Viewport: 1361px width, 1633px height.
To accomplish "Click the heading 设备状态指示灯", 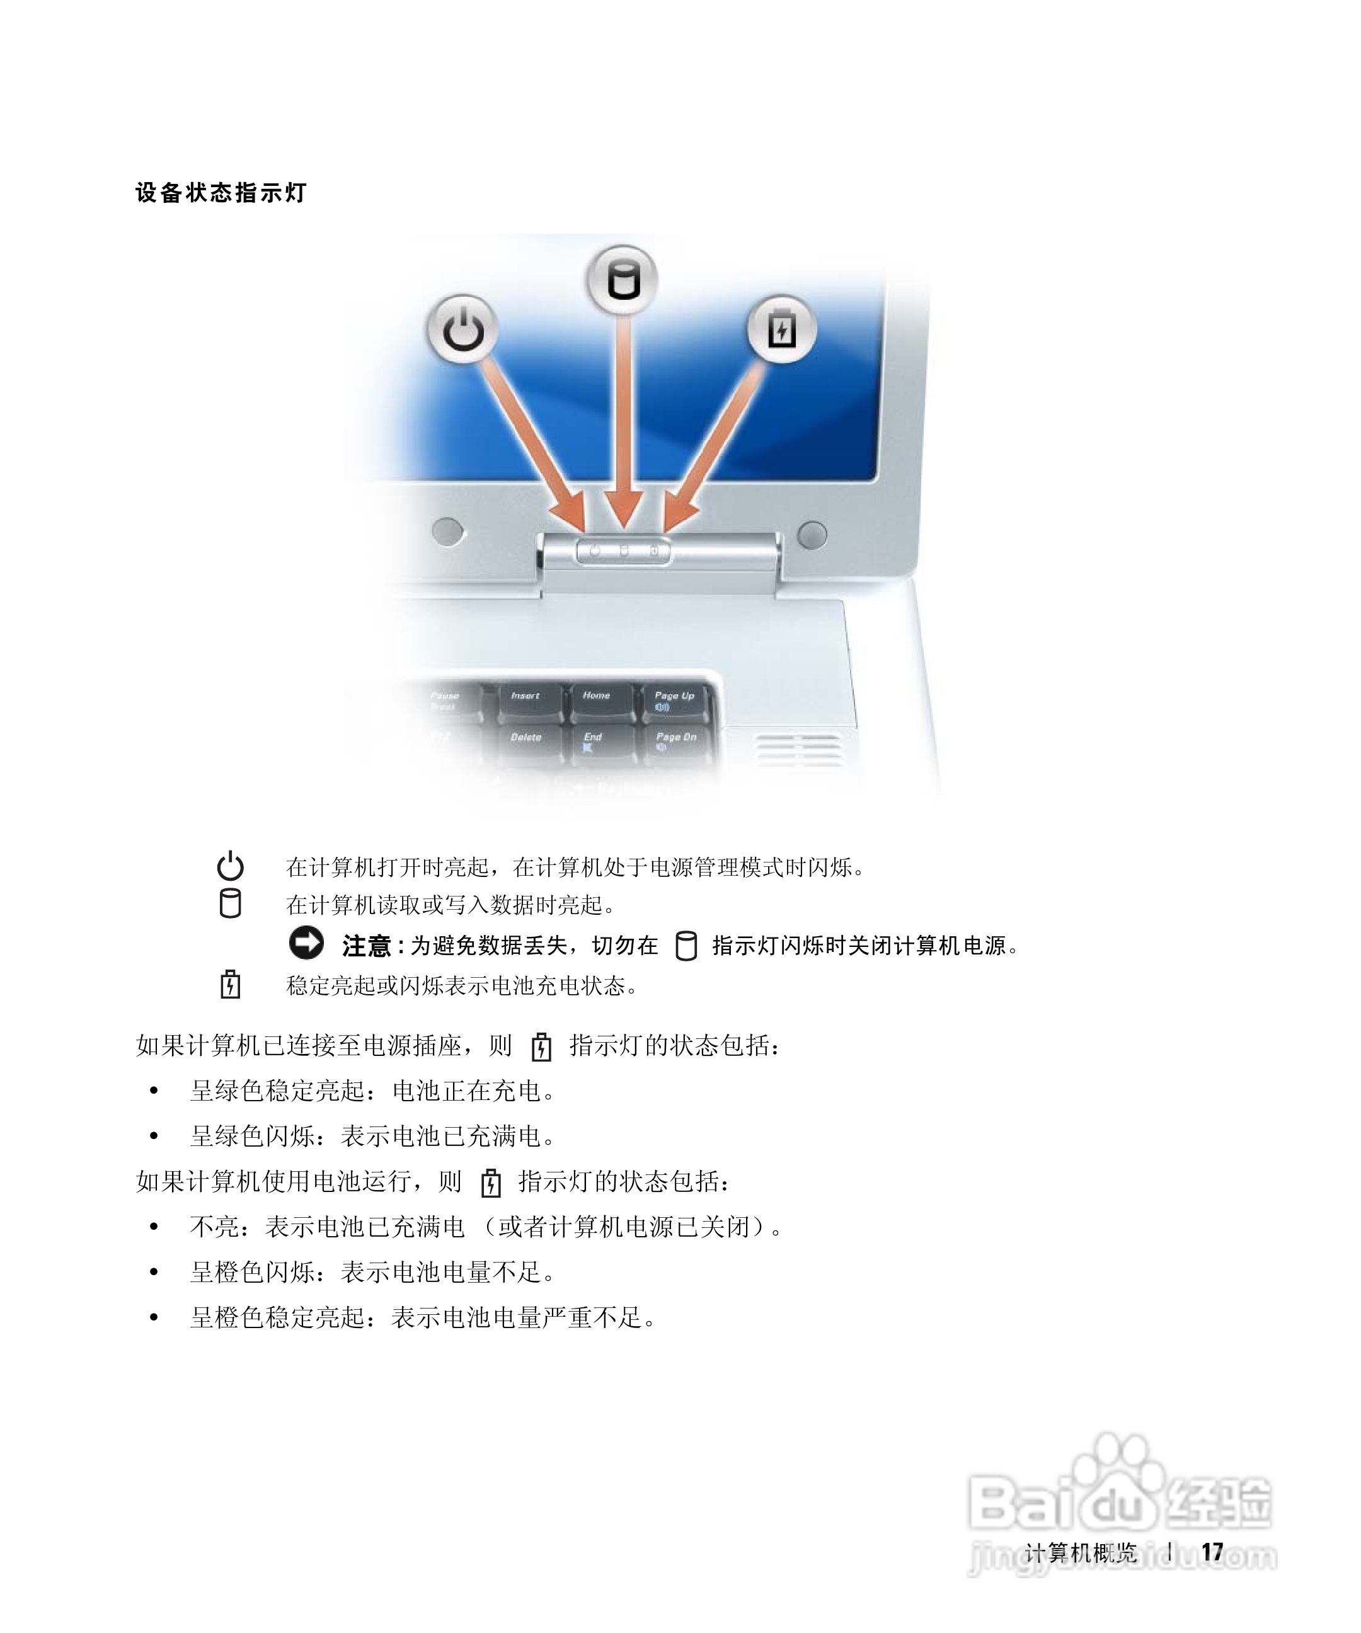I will pyautogui.click(x=221, y=193).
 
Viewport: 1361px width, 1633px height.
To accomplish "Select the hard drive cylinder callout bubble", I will pyautogui.click(x=622, y=280).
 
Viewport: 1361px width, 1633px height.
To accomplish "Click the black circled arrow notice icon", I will pyautogui.click(x=306, y=943).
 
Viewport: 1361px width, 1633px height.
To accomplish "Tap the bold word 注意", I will pyautogui.click(x=366, y=946).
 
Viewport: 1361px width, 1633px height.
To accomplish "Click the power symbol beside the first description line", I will pyautogui.click(x=230, y=866).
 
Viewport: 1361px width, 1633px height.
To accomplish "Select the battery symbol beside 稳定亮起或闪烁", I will pyautogui.click(x=230, y=985).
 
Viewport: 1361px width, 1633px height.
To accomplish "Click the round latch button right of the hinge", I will pyautogui.click(x=812, y=534).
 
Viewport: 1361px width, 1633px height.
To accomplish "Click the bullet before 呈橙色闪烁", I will pyautogui.click(x=154, y=1273).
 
